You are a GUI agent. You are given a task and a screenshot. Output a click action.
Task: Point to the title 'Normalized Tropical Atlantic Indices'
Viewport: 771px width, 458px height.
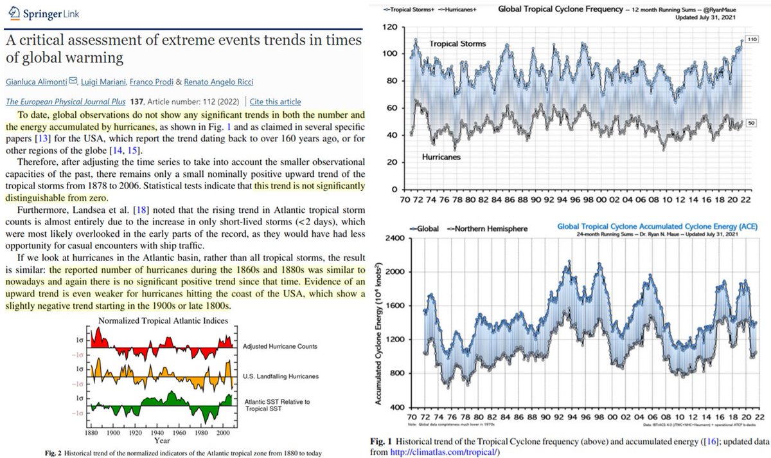tap(161, 320)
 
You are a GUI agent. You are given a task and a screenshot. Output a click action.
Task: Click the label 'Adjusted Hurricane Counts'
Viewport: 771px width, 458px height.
tap(277, 346)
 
